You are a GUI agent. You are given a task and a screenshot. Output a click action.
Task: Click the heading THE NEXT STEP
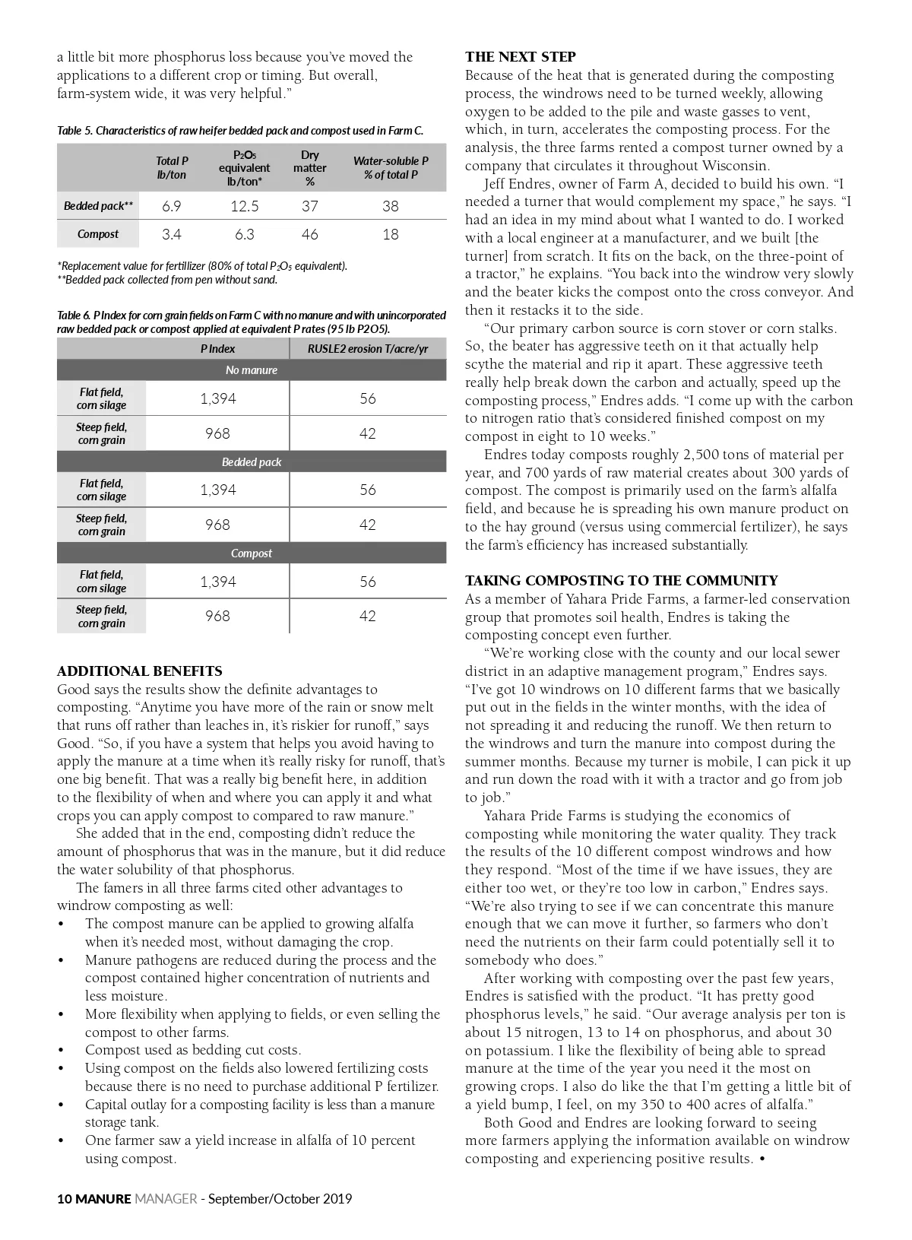pyautogui.click(x=521, y=57)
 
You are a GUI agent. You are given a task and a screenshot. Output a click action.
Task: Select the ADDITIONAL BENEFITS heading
pyautogui.click(x=140, y=671)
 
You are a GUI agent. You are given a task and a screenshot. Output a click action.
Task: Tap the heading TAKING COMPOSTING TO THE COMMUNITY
pyautogui.click(x=622, y=581)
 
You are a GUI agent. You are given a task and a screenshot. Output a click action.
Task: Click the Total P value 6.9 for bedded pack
pyautogui.click(x=172, y=206)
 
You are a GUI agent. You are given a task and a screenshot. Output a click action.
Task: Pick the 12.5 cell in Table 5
pyautogui.click(x=245, y=206)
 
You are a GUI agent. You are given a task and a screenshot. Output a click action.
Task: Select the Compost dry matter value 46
pyautogui.click(x=309, y=234)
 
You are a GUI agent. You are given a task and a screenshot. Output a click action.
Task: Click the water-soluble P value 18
pyautogui.click(x=391, y=234)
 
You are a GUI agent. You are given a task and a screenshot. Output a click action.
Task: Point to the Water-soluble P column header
pyautogui.click(x=391, y=168)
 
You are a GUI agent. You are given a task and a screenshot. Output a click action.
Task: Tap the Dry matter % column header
pyautogui.click(x=309, y=168)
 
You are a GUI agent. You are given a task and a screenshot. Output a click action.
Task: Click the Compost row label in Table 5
pyautogui.click(x=98, y=234)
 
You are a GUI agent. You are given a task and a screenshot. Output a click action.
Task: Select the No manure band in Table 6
pyautogui.click(x=252, y=370)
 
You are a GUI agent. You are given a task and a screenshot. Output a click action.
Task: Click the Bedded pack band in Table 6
pyautogui.click(x=252, y=462)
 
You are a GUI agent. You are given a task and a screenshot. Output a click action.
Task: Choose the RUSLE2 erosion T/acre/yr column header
pyautogui.click(x=368, y=349)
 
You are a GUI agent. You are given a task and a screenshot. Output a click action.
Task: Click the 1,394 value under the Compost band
pyautogui.click(x=218, y=582)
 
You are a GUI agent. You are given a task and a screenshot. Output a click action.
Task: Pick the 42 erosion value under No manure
pyautogui.click(x=368, y=433)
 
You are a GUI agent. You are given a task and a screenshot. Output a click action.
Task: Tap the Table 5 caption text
pyautogui.click(x=240, y=131)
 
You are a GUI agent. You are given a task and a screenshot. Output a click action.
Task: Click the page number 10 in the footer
pyautogui.click(x=64, y=1199)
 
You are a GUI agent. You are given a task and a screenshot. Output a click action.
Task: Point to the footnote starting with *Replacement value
pyautogui.click(x=202, y=266)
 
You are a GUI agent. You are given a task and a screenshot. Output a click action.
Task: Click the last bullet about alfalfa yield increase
pyautogui.click(x=250, y=1150)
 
